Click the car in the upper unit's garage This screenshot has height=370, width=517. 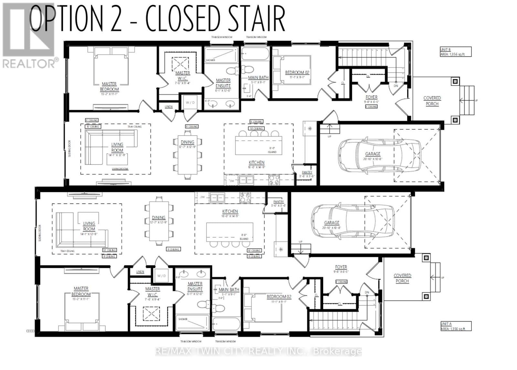(x=380, y=155)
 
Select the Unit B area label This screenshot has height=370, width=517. (x=455, y=52)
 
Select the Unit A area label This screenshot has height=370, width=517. (x=455, y=326)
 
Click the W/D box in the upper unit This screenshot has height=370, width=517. (x=190, y=103)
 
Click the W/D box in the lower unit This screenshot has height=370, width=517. (x=162, y=276)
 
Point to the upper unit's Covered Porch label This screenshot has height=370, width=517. (x=432, y=101)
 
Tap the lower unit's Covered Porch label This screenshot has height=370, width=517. (x=402, y=278)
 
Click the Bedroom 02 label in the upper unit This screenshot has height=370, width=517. (x=297, y=73)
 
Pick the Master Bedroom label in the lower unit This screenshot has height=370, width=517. (x=81, y=291)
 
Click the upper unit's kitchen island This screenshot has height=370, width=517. (x=258, y=146)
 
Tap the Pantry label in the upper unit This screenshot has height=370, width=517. (x=307, y=173)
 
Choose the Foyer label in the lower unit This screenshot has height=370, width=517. (x=341, y=267)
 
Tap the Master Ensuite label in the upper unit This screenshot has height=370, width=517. (x=223, y=83)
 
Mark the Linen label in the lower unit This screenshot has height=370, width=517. (x=140, y=272)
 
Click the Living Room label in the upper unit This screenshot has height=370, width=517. (x=117, y=147)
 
